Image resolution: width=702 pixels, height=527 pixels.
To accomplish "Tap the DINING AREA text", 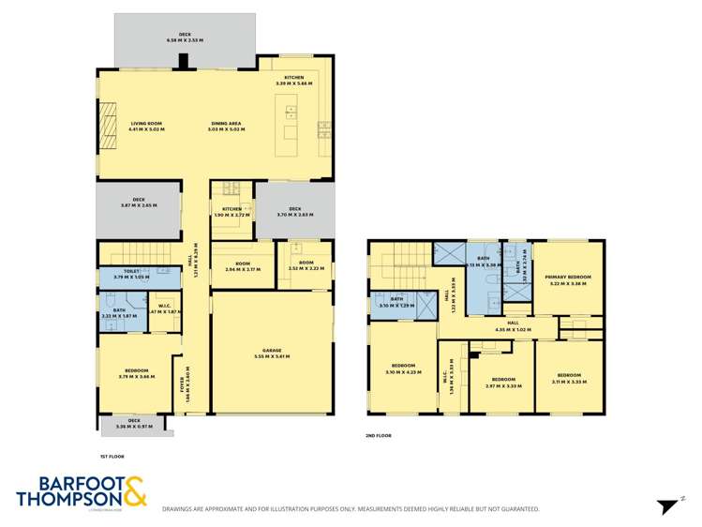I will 226,124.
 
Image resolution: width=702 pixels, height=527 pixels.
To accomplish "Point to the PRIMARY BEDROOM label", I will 568,278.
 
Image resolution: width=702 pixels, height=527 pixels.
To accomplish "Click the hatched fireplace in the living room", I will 107,125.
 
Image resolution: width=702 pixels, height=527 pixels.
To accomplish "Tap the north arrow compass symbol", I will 668,506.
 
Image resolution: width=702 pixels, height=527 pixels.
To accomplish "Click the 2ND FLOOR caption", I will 379,435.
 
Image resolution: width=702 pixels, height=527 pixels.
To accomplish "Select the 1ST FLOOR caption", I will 112,456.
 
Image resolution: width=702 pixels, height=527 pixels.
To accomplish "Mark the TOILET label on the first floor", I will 131,273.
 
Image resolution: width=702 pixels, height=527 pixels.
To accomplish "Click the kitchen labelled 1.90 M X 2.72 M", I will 232,212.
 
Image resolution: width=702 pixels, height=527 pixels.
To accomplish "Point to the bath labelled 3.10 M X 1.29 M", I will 397,303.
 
